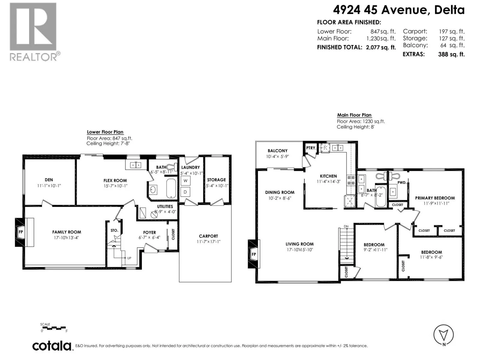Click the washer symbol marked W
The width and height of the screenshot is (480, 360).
(185, 181)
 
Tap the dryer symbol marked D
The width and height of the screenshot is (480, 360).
(185, 192)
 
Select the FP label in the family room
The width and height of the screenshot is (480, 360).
(21, 232)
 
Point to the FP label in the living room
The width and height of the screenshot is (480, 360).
(254, 254)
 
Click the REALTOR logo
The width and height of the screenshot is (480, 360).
(35, 32)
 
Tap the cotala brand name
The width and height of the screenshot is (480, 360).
(52, 346)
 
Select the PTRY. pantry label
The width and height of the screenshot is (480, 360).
(311, 148)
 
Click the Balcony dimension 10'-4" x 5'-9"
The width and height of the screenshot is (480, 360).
(277, 157)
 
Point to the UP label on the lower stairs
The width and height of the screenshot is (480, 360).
(129, 258)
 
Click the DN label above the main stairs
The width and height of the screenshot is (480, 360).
(346, 226)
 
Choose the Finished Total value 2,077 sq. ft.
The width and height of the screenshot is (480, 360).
(381, 47)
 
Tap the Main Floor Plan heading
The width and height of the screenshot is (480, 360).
(354, 115)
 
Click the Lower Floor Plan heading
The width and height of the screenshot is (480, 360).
(105, 132)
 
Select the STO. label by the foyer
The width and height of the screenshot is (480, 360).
(114, 230)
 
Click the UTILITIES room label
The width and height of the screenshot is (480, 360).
(165, 207)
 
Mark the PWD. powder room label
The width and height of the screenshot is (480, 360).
(402, 182)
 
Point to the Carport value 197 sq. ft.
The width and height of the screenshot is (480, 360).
(452, 31)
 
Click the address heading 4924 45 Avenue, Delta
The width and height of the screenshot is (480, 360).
(399, 10)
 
